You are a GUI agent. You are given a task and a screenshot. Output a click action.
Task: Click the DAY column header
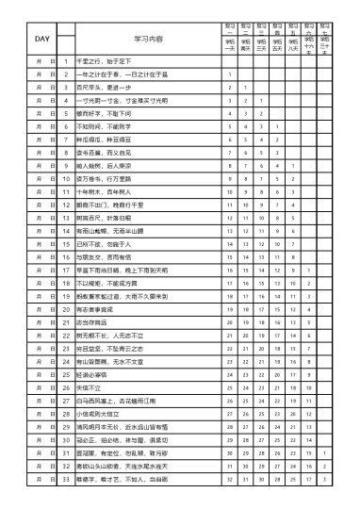point(42,39)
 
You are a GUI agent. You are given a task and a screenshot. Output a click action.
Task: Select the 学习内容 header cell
point(148,39)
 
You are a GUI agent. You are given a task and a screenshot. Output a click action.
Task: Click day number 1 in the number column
point(65,60)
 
